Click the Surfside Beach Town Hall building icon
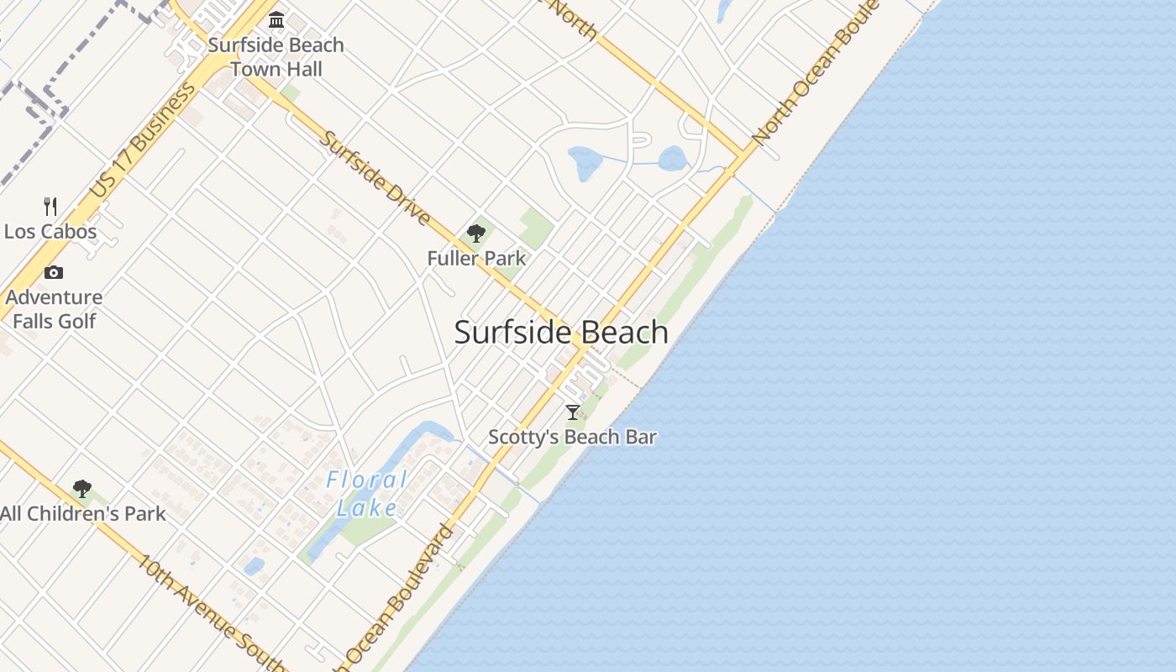(276, 19)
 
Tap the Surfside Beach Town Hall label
(276, 57)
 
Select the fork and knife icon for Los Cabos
(50, 206)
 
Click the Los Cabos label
(50, 231)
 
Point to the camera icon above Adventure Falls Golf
(54, 272)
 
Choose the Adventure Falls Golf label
(55, 309)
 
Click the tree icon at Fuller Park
(476, 234)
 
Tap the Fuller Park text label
(476, 258)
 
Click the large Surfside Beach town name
(561, 333)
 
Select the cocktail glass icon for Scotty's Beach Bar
(573, 412)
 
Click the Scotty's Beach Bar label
(573, 437)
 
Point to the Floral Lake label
(367, 494)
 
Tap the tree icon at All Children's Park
(81, 488)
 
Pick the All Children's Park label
(83, 513)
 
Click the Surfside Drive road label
(375, 178)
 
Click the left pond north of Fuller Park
(585, 162)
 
